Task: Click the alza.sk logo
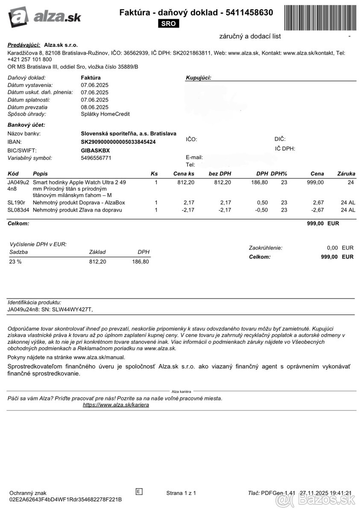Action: pyautogui.click(x=44, y=17)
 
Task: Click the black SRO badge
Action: pyautogui.click(x=168, y=24)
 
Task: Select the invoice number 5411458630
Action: pyautogui.click(x=247, y=13)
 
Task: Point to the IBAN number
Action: pyautogui.click(x=118, y=142)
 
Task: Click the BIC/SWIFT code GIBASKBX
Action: pyautogui.click(x=95, y=150)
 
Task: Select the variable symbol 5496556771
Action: pyautogui.click(x=96, y=158)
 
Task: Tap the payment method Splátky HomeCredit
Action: pyautogui.click(x=105, y=114)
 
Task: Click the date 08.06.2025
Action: pyautogui.click(x=94, y=107)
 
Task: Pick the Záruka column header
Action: pyautogui.click(x=346, y=174)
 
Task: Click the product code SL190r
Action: pyautogui.click(x=16, y=202)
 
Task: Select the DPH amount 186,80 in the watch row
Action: pyautogui.click(x=259, y=182)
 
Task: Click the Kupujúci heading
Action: pyautogui.click(x=199, y=78)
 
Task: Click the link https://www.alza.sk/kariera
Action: pyautogui.click(x=116, y=404)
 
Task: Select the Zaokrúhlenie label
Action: pyautogui.click(x=265, y=248)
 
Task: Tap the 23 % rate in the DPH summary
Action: pyautogui.click(x=15, y=262)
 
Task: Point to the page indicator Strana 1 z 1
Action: pyautogui.click(x=181, y=493)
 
